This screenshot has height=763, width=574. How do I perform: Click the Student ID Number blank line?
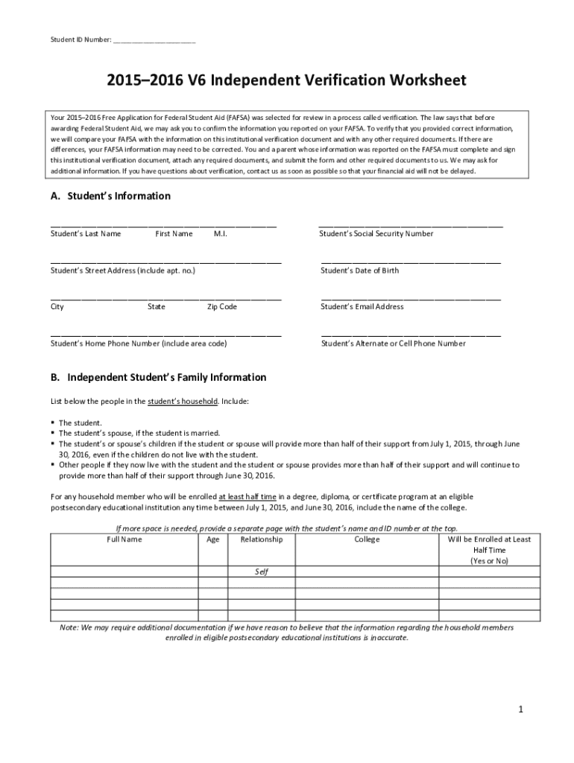click(154, 40)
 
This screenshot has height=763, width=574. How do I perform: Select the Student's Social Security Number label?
click(376, 234)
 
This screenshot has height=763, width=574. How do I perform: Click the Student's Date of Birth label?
click(359, 270)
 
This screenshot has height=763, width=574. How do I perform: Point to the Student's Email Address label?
click(362, 306)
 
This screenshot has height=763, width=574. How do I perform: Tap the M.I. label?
click(220, 234)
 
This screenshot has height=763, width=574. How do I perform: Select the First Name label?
click(174, 234)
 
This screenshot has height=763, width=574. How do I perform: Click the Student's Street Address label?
click(122, 270)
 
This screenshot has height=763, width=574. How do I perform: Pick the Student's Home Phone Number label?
click(139, 343)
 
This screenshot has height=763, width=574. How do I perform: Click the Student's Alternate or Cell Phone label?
click(393, 343)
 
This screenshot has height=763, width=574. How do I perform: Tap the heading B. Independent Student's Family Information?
click(158, 378)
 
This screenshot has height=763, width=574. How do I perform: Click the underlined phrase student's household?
click(183, 401)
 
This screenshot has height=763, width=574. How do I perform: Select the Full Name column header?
click(124, 539)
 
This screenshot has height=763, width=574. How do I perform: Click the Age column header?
click(212, 539)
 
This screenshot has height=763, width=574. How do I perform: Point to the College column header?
click(367, 539)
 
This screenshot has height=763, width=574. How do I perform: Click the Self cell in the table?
click(261, 572)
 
